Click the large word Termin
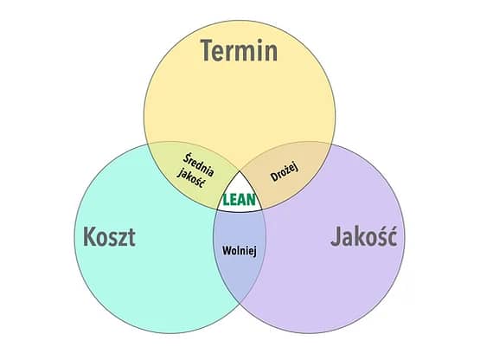[x=239, y=50]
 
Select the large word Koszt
[x=109, y=236]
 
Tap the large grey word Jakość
[x=364, y=235]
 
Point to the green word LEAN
[x=239, y=200]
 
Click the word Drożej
[x=285, y=172]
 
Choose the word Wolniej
[x=239, y=251]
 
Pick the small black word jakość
[x=191, y=178]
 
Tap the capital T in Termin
[x=208, y=50]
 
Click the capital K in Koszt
[x=90, y=236]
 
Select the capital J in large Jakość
[x=336, y=236]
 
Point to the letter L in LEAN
[x=226, y=200]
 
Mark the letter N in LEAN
[x=251, y=200]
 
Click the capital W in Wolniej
[x=227, y=250]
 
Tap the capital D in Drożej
[x=274, y=177]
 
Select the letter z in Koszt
[x=123, y=239]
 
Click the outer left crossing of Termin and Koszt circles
[x=148, y=145]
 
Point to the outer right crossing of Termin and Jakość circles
[x=331, y=145]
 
